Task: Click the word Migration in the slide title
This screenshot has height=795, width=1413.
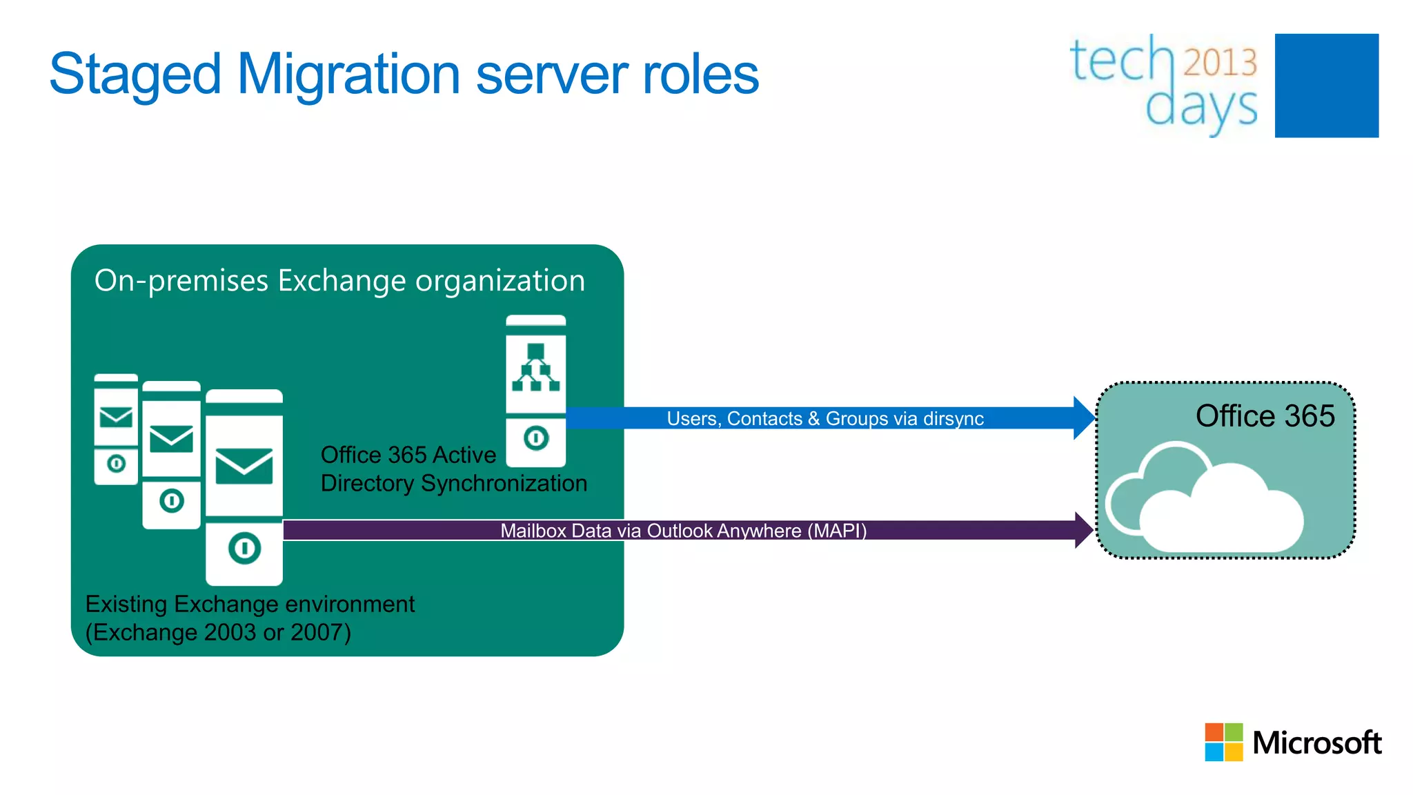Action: [348, 75]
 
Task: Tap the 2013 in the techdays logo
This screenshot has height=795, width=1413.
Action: [1220, 63]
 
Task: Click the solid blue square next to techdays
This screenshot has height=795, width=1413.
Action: [1326, 86]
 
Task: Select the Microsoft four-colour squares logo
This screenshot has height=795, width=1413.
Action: [1223, 742]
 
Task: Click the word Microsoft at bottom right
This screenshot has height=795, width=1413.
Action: [1316, 743]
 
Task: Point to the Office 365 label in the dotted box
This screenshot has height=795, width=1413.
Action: [1264, 416]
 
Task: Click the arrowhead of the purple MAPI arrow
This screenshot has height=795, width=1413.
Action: [1084, 530]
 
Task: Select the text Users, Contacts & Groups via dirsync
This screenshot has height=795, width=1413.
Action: [824, 419]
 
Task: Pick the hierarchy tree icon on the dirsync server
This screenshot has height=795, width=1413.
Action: [535, 367]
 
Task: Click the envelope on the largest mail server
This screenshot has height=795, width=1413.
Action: [244, 466]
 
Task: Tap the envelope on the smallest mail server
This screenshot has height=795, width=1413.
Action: [116, 418]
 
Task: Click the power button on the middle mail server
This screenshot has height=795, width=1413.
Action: [172, 500]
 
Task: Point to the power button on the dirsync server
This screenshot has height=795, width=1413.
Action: [536, 438]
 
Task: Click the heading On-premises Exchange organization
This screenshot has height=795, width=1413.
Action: [339, 281]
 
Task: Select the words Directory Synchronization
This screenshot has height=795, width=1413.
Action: [453, 483]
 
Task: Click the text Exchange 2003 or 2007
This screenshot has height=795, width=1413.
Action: [218, 632]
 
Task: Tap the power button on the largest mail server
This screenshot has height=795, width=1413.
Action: [244, 549]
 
